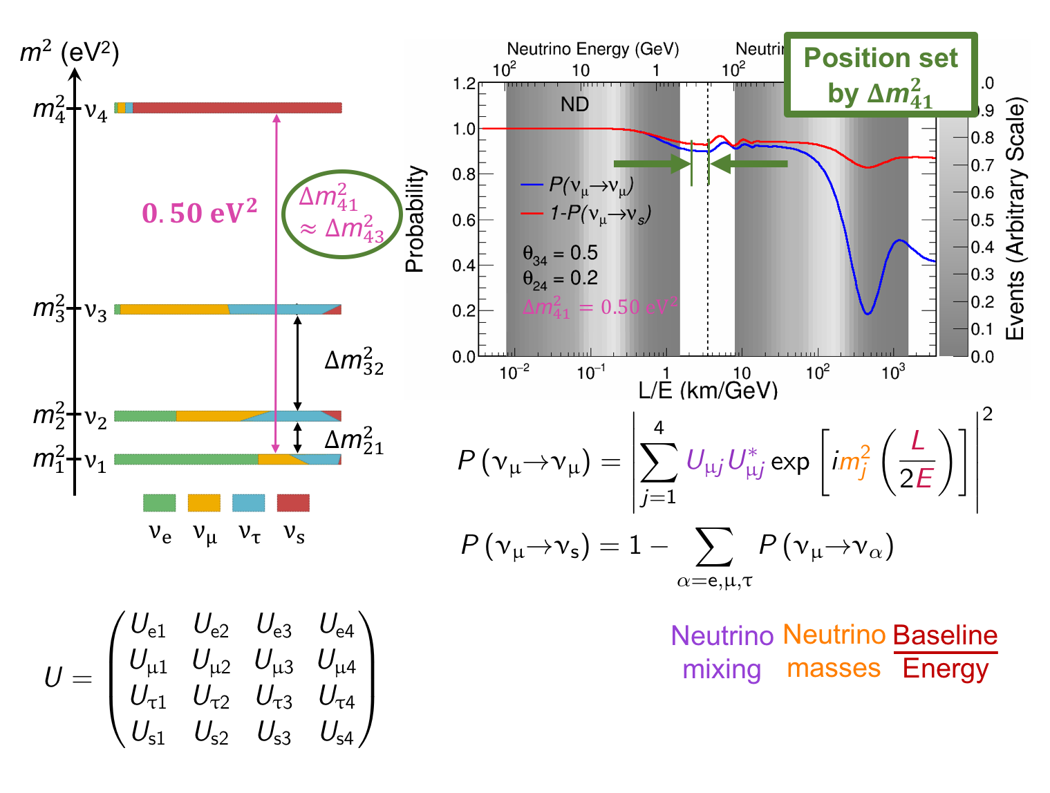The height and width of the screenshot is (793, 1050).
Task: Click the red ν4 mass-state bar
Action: coord(235,108)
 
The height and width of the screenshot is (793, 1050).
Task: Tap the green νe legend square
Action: coord(159,503)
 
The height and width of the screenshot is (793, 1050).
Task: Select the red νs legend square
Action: coord(293,503)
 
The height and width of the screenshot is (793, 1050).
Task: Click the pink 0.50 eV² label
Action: coord(199,212)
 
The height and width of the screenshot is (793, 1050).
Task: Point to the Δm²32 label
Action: coord(354,361)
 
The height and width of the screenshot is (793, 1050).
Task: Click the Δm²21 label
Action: coord(354,440)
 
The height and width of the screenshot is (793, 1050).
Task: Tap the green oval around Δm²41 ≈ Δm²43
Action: coord(341,214)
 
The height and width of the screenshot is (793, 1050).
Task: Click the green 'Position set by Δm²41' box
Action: coord(881,75)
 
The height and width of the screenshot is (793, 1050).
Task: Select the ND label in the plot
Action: coord(574,104)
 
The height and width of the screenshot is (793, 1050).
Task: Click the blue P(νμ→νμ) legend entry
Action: coord(578,185)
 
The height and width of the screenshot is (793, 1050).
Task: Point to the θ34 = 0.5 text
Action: coord(560,254)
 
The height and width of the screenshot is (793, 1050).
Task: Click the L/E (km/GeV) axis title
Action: coord(708,391)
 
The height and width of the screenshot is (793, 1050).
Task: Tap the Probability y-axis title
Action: coord(415,219)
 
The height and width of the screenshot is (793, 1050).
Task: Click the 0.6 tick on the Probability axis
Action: coord(464,220)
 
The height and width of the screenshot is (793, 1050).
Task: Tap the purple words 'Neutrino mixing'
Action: coord(722,652)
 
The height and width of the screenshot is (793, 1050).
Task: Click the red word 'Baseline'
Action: coord(945,635)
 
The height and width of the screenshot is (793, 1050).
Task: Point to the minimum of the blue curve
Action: coord(868,313)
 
